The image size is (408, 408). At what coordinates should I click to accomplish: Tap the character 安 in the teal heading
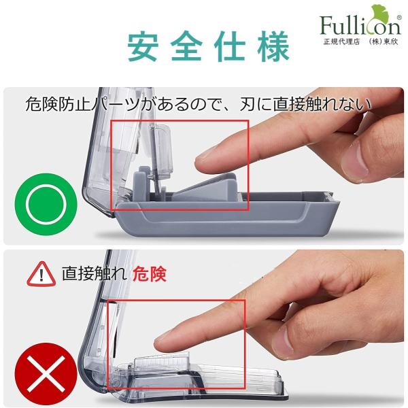click(143, 46)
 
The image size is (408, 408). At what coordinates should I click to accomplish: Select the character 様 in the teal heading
click(274, 46)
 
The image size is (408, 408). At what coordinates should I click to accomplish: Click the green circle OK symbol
click(46, 204)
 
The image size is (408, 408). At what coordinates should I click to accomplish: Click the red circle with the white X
click(46, 374)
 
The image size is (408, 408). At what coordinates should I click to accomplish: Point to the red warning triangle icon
click(41, 274)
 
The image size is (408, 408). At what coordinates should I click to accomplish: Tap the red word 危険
click(150, 274)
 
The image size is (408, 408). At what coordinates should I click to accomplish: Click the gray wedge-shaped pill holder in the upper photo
click(208, 187)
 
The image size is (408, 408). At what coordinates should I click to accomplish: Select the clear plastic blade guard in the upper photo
click(163, 151)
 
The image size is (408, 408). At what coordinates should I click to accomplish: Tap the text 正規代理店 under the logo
click(341, 42)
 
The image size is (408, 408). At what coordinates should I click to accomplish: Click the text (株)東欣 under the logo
click(384, 42)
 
